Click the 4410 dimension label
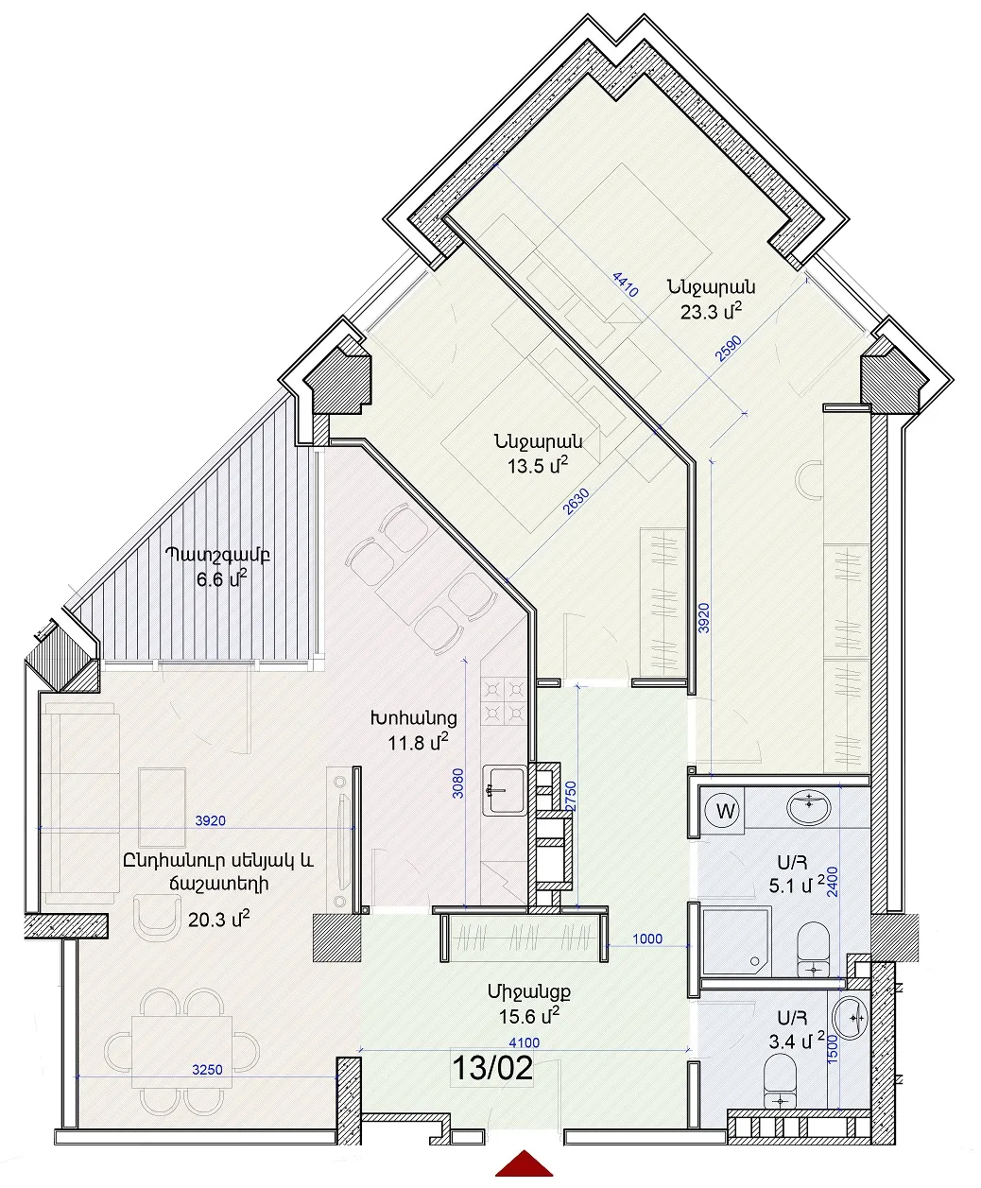pyautogui.click(x=625, y=284)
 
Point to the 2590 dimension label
pyautogui.click(x=729, y=349)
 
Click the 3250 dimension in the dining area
pyautogui.click(x=207, y=1070)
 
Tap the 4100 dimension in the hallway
pyautogui.click(x=525, y=1042)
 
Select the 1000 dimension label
pyautogui.click(x=647, y=938)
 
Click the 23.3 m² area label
pyautogui.click(x=712, y=311)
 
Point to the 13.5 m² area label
pyautogui.click(x=538, y=466)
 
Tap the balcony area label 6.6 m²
pyautogui.click(x=222, y=579)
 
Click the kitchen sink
pyautogui.click(x=504, y=790)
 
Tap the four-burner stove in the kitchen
pyautogui.click(x=504, y=701)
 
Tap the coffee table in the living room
pyautogui.click(x=163, y=807)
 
